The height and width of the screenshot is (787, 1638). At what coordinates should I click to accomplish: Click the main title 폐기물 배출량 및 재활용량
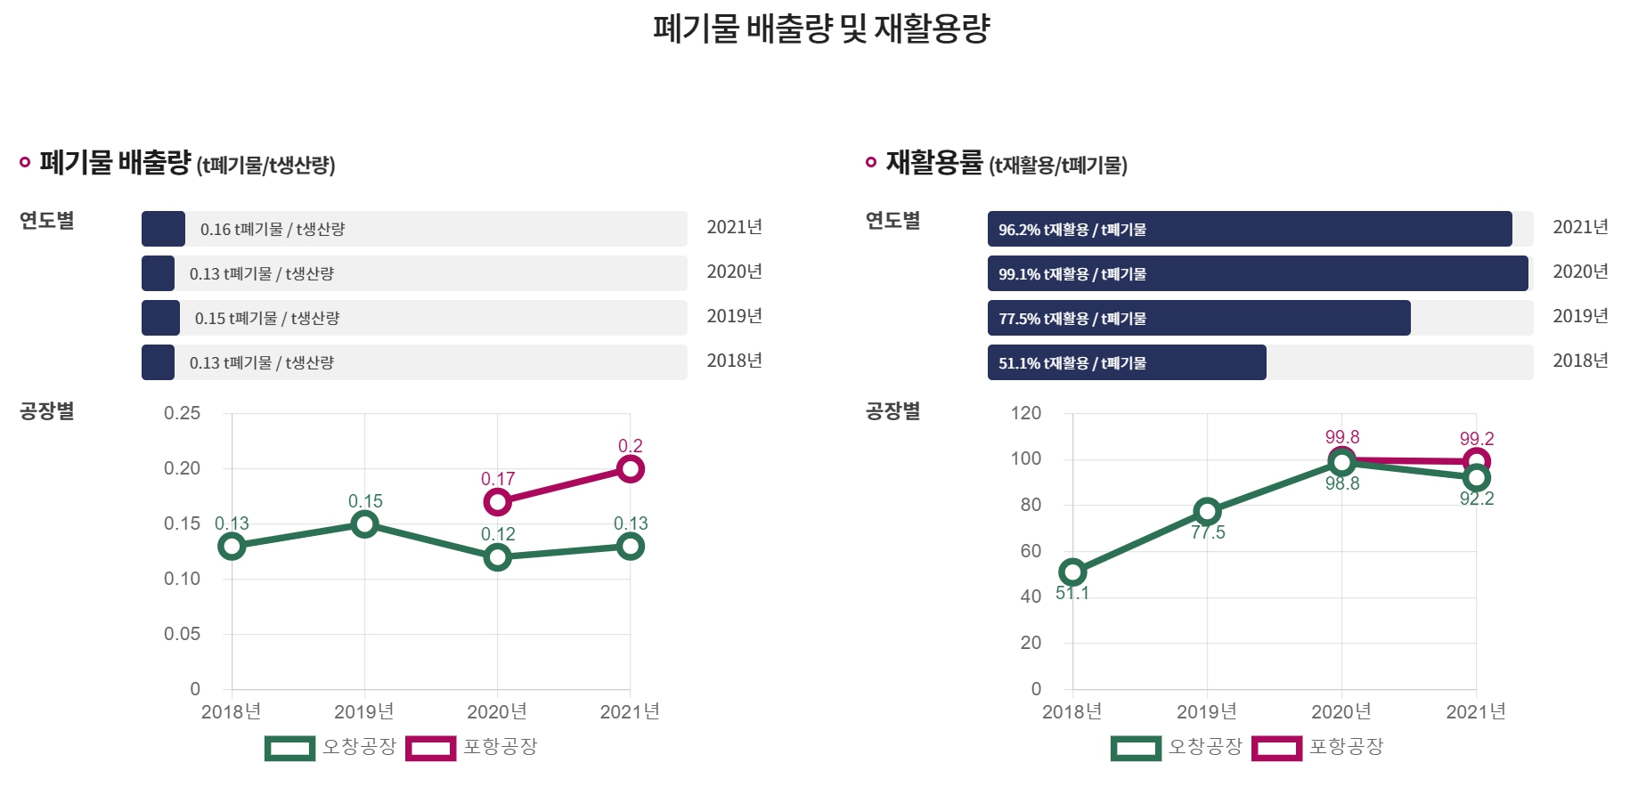(820, 28)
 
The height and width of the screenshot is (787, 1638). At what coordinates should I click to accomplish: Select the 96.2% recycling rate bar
(1249, 229)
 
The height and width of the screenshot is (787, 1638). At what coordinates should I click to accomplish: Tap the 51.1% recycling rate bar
(1126, 362)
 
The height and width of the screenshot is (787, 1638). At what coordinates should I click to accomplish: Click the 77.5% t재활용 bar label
(1072, 319)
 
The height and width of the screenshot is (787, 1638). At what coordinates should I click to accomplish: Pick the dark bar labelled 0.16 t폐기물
(163, 229)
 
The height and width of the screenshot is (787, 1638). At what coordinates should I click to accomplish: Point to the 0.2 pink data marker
(630, 469)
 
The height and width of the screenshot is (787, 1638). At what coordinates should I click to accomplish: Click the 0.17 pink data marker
(497, 502)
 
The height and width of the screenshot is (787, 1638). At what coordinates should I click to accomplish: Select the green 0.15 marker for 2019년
(364, 524)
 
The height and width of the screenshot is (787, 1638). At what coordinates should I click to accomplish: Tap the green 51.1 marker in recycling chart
(1072, 572)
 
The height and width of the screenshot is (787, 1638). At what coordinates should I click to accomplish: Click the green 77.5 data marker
(1207, 511)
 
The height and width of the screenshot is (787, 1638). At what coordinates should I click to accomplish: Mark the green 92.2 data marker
(1477, 478)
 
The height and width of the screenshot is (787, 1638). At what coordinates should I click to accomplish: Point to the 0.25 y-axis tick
(182, 413)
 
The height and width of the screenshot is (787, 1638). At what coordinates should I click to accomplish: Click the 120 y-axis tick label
(1025, 413)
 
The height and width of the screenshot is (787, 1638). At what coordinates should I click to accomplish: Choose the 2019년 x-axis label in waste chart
(363, 711)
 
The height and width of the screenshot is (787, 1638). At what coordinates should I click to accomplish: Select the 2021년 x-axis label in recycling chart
(1476, 711)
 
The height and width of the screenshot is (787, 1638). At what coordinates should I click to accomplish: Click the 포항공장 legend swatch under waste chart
(431, 748)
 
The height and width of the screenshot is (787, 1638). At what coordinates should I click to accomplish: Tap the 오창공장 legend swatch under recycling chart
(1137, 748)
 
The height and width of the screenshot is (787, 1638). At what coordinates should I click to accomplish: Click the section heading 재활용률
(933, 163)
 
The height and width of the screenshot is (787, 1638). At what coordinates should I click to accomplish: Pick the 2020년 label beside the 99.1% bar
(1580, 272)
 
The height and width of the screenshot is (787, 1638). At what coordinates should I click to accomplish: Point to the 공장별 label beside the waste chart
(47, 411)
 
